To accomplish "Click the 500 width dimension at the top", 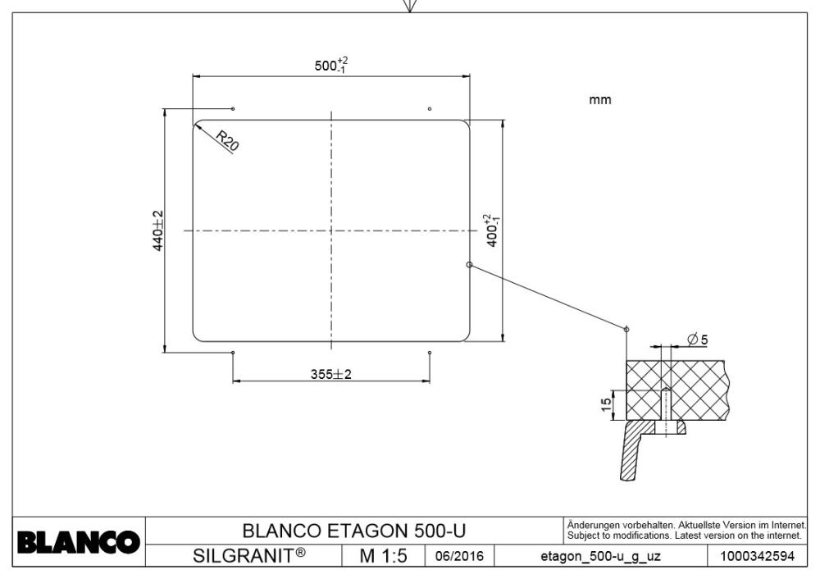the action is tap(331, 66).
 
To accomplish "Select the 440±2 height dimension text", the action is tap(158, 230).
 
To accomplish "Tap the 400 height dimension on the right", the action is tap(491, 230).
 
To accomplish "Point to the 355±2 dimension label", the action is tap(331, 374).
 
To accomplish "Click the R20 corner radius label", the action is tap(227, 140).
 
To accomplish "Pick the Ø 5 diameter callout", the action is tap(698, 340).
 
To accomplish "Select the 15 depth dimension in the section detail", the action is tap(606, 404).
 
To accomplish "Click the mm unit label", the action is tap(600, 99).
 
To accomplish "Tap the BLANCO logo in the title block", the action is tap(79, 542).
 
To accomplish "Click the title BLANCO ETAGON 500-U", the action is tap(354, 531).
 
